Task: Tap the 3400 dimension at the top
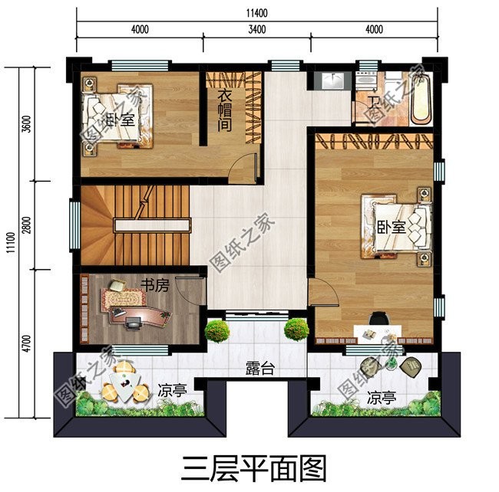pyautogui.click(x=256, y=31)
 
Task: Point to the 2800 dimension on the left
pyautogui.click(x=27, y=227)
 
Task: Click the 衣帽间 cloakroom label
pyautogui.click(x=224, y=110)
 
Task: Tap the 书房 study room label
pyautogui.click(x=154, y=285)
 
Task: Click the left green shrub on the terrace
pyautogui.click(x=217, y=331)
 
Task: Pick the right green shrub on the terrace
pyautogui.click(x=296, y=330)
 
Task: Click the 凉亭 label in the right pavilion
pyautogui.click(x=382, y=399)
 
